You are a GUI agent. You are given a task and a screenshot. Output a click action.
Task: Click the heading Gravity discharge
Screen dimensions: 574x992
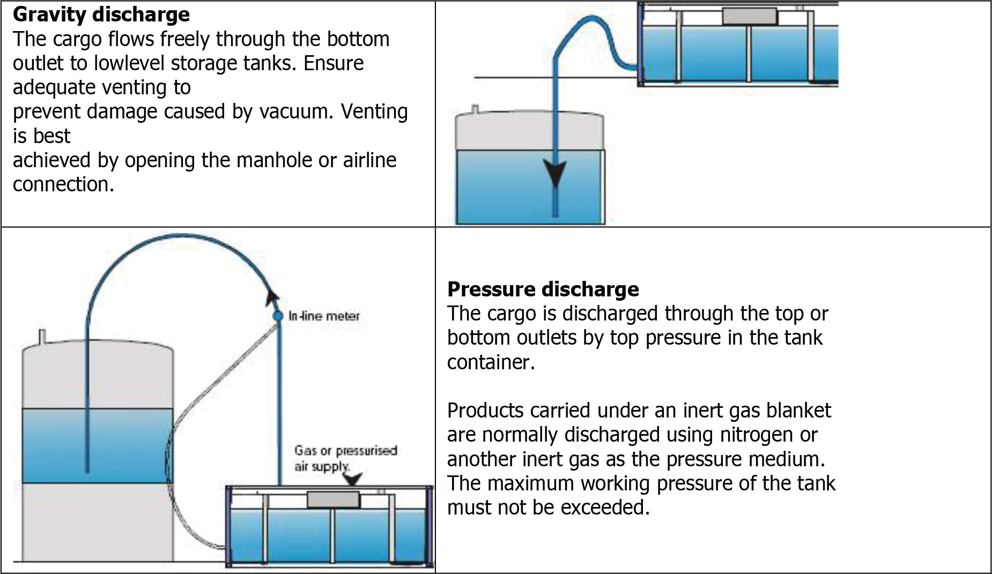(x=101, y=14)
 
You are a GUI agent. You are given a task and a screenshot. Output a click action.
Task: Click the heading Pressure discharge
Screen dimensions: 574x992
(x=543, y=289)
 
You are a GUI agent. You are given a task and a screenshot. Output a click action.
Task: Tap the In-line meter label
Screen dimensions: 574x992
(x=324, y=316)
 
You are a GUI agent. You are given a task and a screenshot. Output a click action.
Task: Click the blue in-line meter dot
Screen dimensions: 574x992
(x=278, y=316)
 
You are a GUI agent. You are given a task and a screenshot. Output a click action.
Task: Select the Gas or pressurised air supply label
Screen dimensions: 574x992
(x=345, y=458)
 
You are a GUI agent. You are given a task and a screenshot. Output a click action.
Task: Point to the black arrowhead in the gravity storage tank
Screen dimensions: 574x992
(x=555, y=175)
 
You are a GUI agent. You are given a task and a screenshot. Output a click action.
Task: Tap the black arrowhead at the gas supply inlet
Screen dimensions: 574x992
(x=352, y=479)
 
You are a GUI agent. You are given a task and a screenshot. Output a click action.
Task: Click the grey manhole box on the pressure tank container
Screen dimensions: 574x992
(x=333, y=500)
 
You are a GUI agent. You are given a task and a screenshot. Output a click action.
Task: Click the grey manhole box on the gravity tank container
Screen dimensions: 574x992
(x=749, y=16)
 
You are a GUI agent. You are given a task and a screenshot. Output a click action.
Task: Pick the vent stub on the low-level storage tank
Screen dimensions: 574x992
(x=475, y=110)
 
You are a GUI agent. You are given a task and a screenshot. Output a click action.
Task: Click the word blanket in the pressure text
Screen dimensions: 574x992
(x=798, y=411)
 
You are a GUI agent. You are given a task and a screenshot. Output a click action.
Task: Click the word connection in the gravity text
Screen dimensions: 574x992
(x=63, y=184)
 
